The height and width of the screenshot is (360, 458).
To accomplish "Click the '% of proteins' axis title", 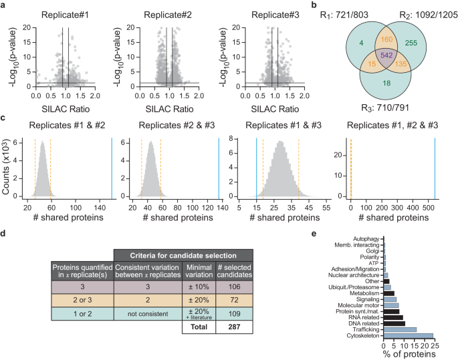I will coord(409,353).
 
